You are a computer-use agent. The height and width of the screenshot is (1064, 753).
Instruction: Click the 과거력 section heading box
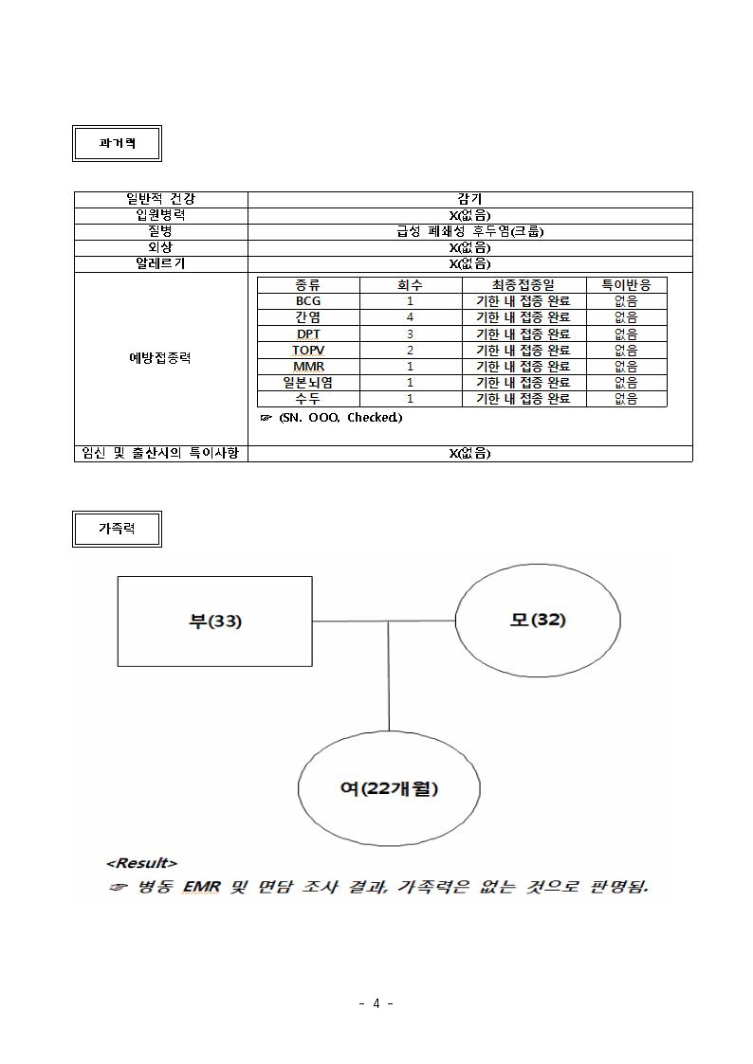coord(117,143)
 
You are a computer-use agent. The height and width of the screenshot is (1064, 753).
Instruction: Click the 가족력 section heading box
coord(117,529)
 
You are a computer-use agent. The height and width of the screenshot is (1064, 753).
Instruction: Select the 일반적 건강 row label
coord(161,200)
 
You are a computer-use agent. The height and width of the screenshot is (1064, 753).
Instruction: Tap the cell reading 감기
coord(469,200)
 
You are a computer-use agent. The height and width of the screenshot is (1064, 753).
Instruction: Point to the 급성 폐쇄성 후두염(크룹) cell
coord(469,231)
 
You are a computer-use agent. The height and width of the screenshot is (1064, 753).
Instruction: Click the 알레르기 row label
coord(161,264)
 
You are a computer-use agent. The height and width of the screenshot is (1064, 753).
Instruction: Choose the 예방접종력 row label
coord(161,358)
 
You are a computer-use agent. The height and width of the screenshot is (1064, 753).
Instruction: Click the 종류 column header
coord(308,285)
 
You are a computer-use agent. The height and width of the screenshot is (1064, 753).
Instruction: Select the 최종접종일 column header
coord(523,285)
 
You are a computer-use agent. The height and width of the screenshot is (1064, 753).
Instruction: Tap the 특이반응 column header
coord(626,285)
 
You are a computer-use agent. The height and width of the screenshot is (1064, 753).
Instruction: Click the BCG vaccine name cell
coord(308,301)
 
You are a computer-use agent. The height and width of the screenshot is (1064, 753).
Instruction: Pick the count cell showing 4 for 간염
coord(410,317)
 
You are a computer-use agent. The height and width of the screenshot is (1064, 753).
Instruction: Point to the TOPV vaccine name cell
coord(308,351)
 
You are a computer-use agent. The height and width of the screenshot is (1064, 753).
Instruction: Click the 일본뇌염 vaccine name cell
coord(308,383)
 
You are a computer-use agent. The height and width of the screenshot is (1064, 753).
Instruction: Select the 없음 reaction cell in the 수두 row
coord(626,399)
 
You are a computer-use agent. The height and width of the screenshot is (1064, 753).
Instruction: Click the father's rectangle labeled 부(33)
coord(215,622)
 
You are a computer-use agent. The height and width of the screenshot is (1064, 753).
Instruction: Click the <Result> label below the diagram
coord(142,863)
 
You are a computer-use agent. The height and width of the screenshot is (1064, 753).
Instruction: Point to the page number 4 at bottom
coord(376,1003)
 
